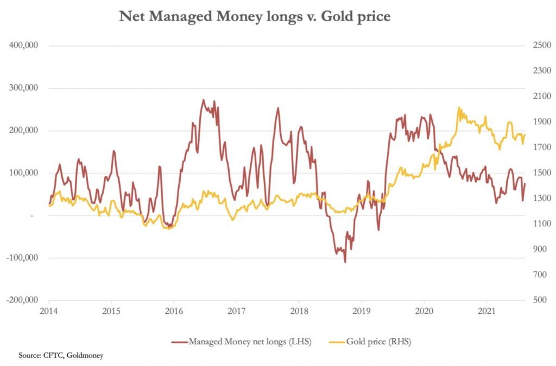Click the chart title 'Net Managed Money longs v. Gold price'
[x=255, y=17]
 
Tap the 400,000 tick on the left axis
[x=23, y=45]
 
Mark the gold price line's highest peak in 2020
[x=459, y=108]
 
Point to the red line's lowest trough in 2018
[x=345, y=262]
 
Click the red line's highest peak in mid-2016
[x=203, y=100]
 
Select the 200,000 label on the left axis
[x=23, y=130]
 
